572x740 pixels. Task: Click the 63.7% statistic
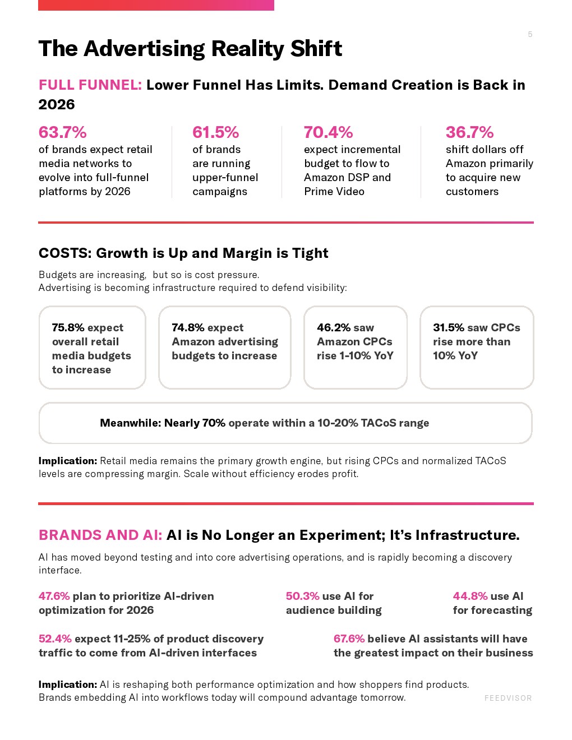[63, 132]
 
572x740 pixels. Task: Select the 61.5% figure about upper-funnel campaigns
[216, 132]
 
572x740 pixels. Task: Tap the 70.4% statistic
[329, 132]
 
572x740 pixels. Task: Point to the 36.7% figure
[469, 132]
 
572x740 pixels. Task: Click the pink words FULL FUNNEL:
[90, 85]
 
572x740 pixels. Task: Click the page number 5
[530, 34]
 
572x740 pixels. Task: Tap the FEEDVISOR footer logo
[508, 698]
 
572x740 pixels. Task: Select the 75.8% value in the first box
[68, 327]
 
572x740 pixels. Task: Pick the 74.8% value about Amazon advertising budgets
[188, 327]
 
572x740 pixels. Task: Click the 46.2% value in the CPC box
[333, 327]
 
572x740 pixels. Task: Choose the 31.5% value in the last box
[449, 327]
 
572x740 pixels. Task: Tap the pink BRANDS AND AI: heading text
[100, 535]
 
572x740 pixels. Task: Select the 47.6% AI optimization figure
[54, 596]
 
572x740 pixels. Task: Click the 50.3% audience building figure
[302, 596]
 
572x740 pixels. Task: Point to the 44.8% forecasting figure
[470, 596]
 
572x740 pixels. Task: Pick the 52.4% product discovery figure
[55, 639]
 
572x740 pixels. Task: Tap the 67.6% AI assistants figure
[349, 639]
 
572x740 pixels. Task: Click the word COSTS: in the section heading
[65, 253]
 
